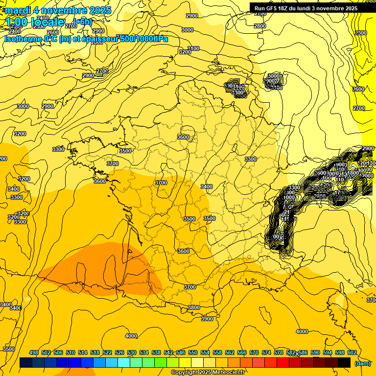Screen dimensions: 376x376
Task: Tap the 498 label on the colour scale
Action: pyautogui.click(x=34, y=352)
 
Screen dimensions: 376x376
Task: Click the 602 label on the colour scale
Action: pyautogui.click(x=352, y=352)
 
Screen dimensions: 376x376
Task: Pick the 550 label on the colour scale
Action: pyautogui.click(x=193, y=352)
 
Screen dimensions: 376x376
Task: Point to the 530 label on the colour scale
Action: pyautogui.click(x=132, y=352)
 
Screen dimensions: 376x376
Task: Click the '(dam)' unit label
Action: pyautogui.click(x=363, y=363)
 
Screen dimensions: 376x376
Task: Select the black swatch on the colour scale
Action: pyautogui.click(x=344, y=362)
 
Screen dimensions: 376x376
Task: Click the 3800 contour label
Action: pyautogui.click(x=194, y=307)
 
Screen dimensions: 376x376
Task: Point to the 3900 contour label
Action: pyautogui.click(x=207, y=319)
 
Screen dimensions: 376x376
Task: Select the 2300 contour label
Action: pyautogui.click(x=361, y=33)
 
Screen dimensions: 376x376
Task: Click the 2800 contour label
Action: pyautogui.click(x=260, y=26)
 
